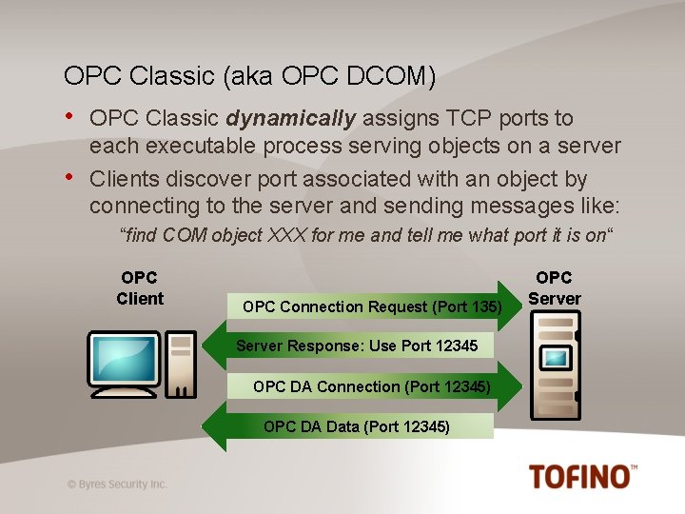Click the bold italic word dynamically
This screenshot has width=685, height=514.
click(291, 118)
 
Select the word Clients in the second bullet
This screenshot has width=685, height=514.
click(123, 179)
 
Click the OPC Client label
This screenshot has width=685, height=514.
click(140, 287)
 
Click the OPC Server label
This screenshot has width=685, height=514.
click(554, 287)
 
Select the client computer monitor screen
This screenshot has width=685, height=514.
click(123, 357)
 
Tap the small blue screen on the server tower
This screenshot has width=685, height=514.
click(556, 358)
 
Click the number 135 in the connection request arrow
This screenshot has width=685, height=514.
click(484, 306)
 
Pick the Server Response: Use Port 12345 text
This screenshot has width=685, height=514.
click(357, 345)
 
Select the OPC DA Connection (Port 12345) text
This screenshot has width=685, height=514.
click(372, 386)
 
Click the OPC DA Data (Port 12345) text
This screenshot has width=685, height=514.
click(357, 426)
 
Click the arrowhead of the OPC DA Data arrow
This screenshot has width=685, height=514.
click(217, 425)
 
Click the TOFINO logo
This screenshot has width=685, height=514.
click(582, 476)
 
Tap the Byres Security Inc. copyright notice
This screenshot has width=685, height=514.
click(117, 484)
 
